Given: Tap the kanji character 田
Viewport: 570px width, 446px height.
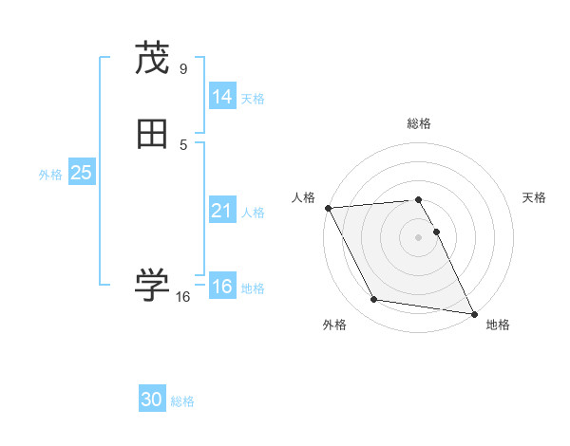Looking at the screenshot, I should click(152, 135).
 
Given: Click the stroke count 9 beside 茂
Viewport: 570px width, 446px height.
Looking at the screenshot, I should click(183, 68).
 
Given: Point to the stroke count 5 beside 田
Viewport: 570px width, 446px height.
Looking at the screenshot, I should click(183, 144).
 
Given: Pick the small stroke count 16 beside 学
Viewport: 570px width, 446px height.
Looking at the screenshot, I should click(183, 297).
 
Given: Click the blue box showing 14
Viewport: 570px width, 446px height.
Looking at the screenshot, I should click(221, 96).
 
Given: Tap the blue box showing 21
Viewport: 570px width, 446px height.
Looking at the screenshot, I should click(221, 211).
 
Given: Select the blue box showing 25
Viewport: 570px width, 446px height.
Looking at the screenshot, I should click(81, 173).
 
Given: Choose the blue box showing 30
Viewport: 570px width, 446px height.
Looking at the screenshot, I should click(152, 400).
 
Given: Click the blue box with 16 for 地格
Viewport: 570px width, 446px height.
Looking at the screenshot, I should click(221, 287).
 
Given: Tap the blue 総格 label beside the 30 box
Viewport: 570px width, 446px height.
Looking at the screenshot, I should click(183, 401).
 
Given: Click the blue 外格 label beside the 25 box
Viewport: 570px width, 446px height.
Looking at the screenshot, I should click(50, 175).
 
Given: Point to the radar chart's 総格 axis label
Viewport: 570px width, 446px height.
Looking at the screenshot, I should click(418, 123).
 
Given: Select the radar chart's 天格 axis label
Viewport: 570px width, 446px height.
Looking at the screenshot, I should click(534, 197).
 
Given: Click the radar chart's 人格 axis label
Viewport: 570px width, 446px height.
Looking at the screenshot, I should click(303, 197).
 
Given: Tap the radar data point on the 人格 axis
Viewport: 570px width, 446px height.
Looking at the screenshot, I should click(328, 208).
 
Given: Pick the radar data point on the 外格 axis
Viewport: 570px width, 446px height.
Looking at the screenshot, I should click(373, 300).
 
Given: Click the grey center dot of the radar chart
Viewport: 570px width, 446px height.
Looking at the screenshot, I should click(418, 237).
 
